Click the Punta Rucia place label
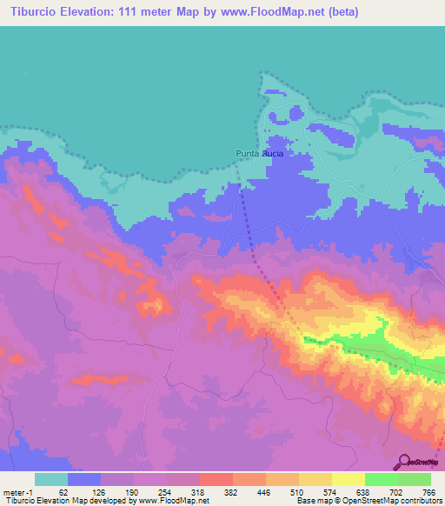pos(261,154)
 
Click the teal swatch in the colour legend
pos(50,479)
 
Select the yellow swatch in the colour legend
pos(348,479)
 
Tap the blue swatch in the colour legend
pos(84,479)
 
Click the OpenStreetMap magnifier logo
pos(403,462)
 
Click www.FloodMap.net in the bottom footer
pos(173,501)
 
